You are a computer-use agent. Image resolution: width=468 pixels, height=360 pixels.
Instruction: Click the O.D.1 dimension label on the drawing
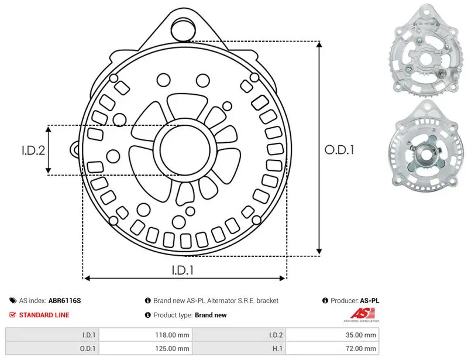pyautogui.click(x=339, y=150)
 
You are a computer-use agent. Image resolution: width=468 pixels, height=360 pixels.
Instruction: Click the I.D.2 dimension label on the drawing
pyautogui.click(x=33, y=150)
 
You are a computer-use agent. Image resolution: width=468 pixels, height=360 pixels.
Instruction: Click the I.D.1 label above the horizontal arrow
pyautogui.click(x=183, y=270)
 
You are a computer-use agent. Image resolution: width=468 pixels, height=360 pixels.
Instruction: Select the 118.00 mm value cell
pyautogui.click(x=146, y=335)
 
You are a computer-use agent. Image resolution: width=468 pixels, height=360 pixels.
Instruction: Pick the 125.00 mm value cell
pyautogui.click(x=146, y=348)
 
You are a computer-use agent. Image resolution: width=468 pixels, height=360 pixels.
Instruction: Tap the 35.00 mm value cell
pyautogui.click(x=332, y=335)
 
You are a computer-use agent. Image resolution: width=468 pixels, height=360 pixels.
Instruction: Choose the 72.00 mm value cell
pyautogui.click(x=332, y=348)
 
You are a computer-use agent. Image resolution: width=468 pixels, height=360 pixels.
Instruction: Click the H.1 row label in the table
pyautogui.click(x=277, y=348)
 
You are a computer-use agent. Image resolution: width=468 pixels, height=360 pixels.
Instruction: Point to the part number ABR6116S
pyautogui.click(x=64, y=300)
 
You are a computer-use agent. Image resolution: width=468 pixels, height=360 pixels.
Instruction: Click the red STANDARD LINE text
pyautogui.click(x=44, y=315)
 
